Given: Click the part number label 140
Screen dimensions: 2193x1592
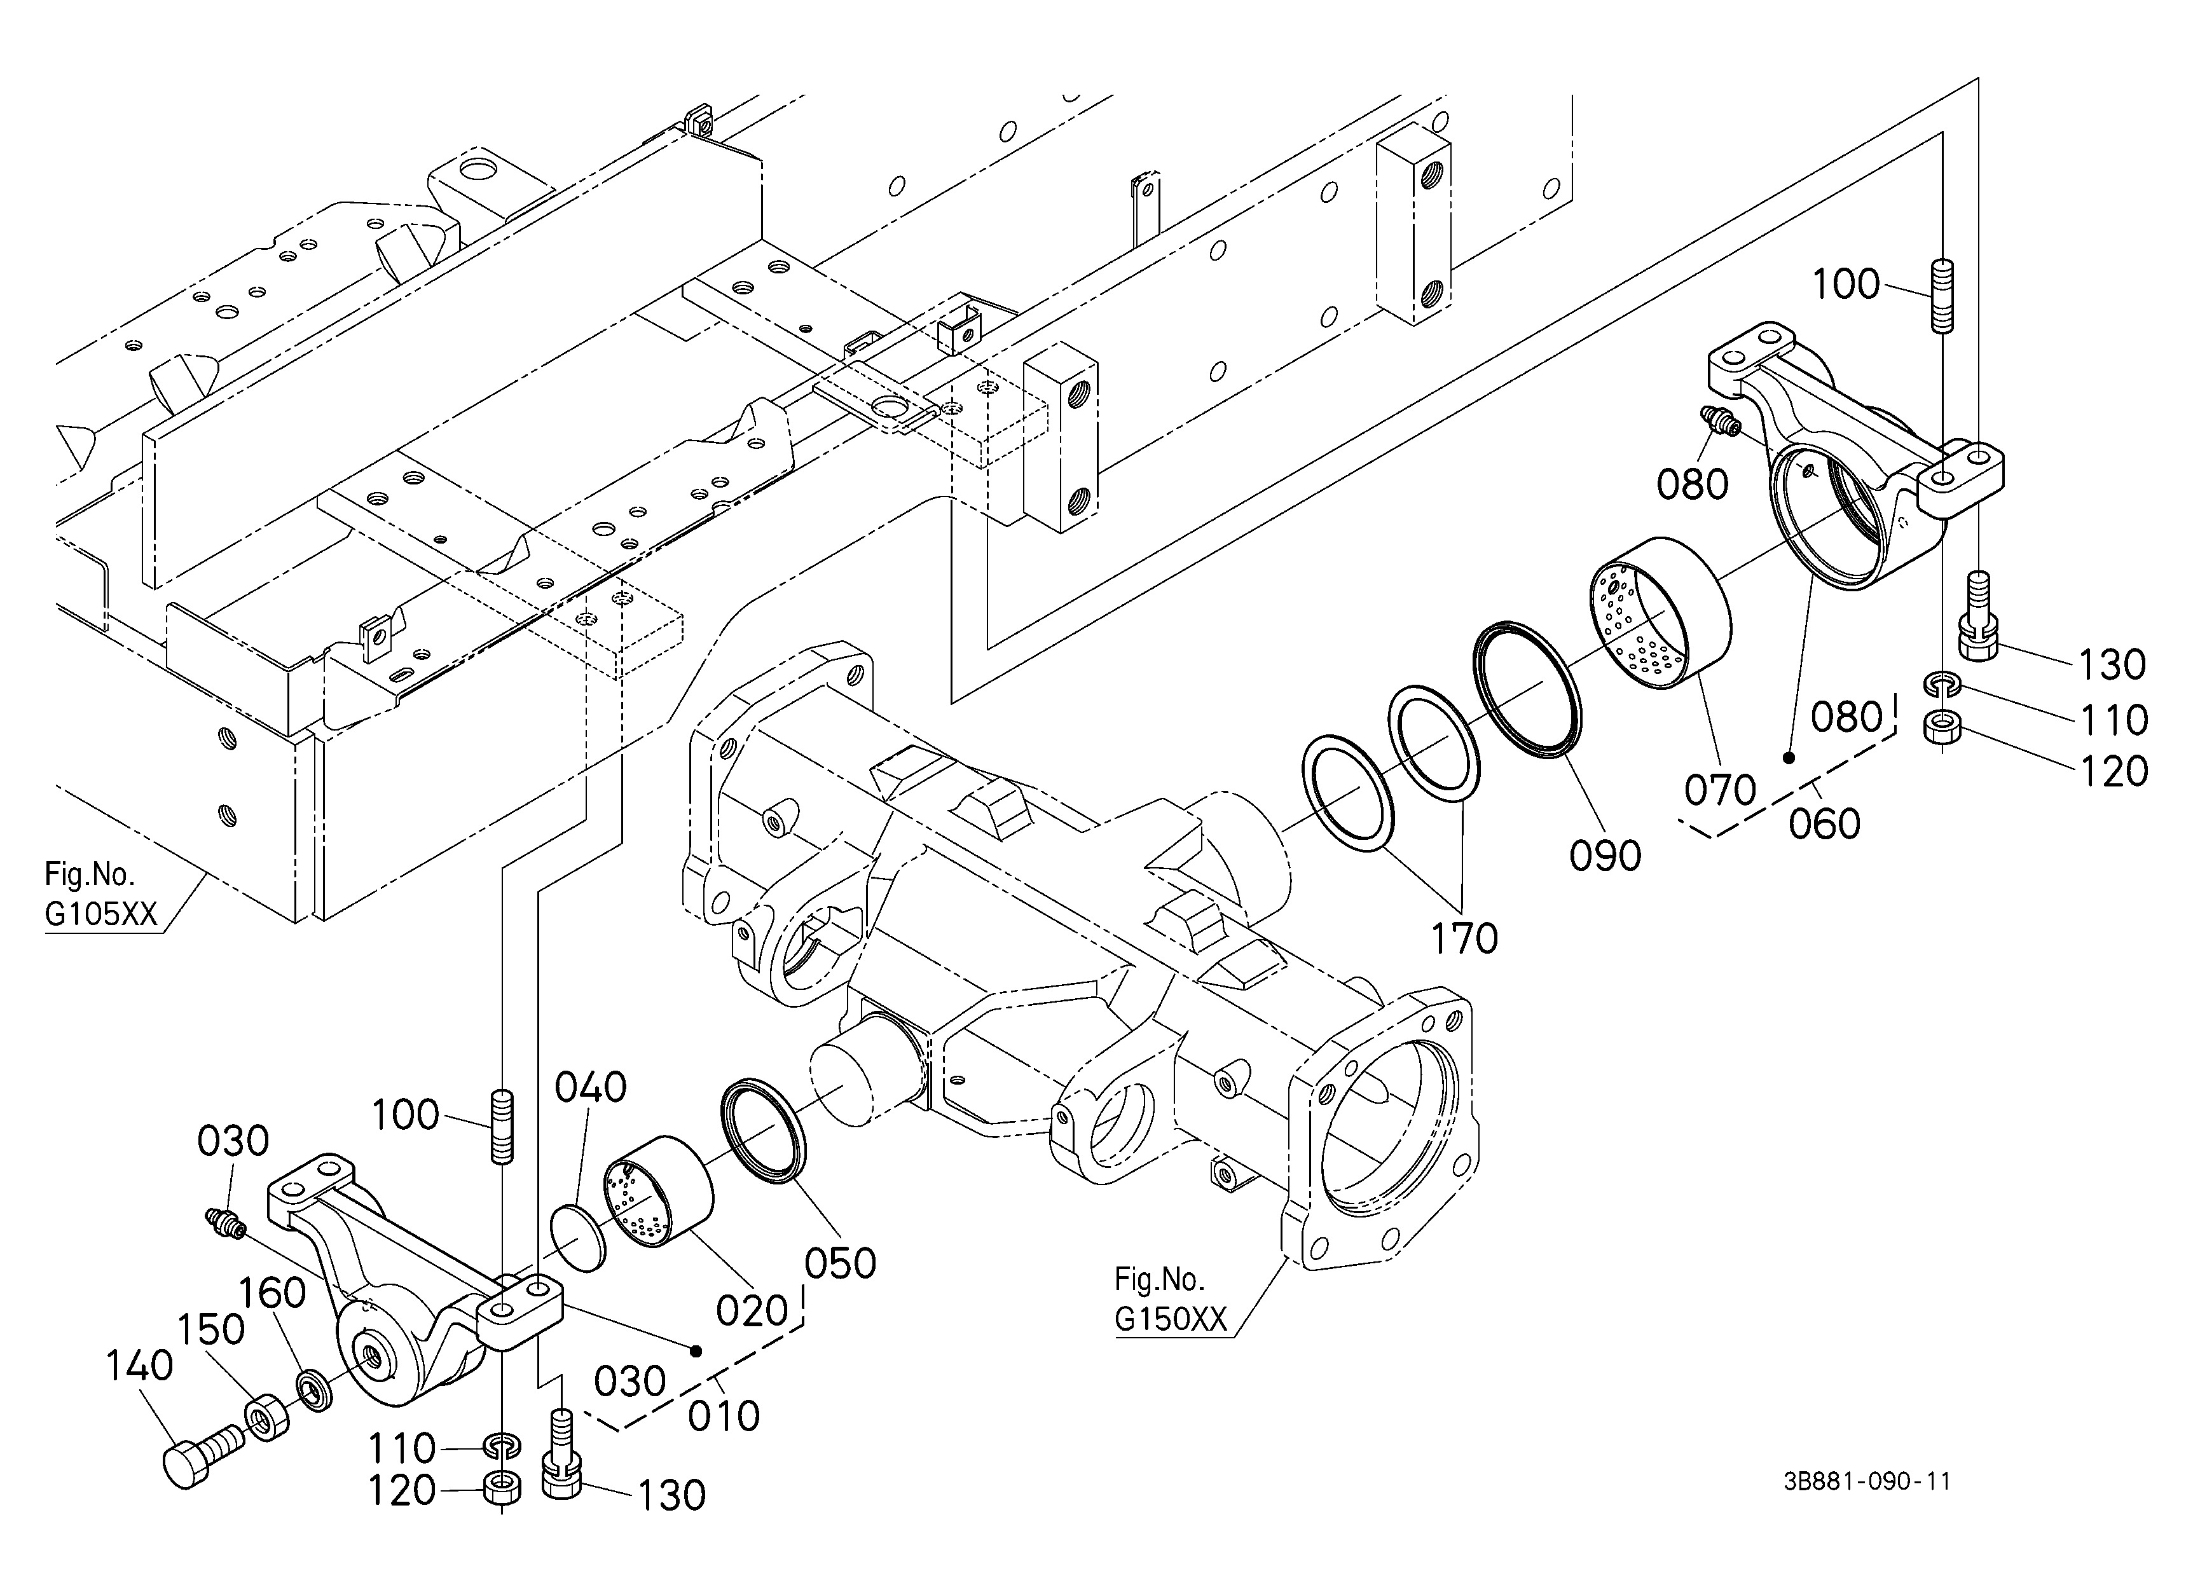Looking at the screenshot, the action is tap(139, 1366).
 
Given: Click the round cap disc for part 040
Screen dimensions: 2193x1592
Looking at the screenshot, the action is tap(577, 1237).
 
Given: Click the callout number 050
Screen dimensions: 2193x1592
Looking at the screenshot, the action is tap(841, 1263).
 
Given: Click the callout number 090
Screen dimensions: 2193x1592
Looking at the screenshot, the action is tap(1605, 856).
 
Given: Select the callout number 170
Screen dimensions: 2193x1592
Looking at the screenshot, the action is tap(1464, 938).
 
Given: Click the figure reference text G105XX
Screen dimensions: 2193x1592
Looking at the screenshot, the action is tap(100, 914).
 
